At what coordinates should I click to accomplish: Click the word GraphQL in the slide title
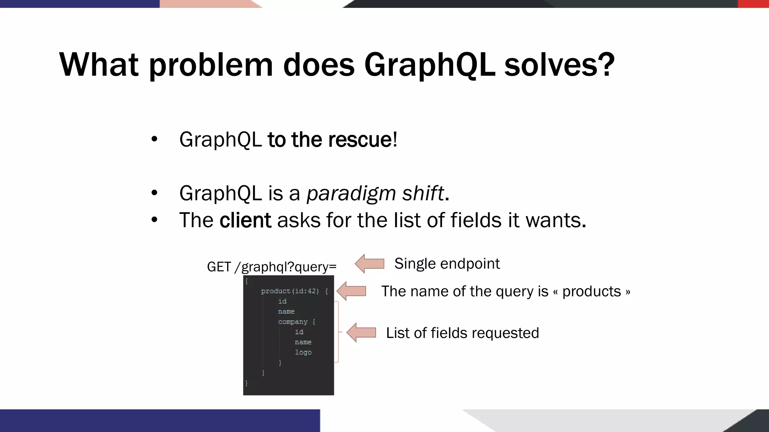pos(429,65)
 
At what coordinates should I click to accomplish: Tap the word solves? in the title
pos(559,65)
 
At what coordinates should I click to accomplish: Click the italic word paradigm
pos(351,193)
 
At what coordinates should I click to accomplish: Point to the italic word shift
pos(423,193)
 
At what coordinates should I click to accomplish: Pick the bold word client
pos(245,220)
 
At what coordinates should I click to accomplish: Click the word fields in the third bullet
pos(476,220)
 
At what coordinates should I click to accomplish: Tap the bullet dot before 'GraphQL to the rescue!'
pos(154,139)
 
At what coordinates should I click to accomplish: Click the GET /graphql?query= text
pos(271,267)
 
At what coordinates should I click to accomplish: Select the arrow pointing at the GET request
pos(369,264)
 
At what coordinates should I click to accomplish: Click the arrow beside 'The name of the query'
pos(351,291)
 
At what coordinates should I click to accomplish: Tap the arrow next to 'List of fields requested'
pos(361,333)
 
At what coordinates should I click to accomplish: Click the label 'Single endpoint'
pos(447,264)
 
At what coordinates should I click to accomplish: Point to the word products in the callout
pos(591,291)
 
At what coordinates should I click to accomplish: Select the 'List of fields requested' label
pos(462,333)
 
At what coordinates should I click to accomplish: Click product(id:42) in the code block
pos(290,291)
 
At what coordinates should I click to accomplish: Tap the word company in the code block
pos(293,322)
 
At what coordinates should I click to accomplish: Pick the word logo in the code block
pos(303,352)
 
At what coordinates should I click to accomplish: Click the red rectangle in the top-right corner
pos(753,4)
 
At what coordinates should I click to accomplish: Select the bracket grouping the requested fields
pos(337,332)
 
